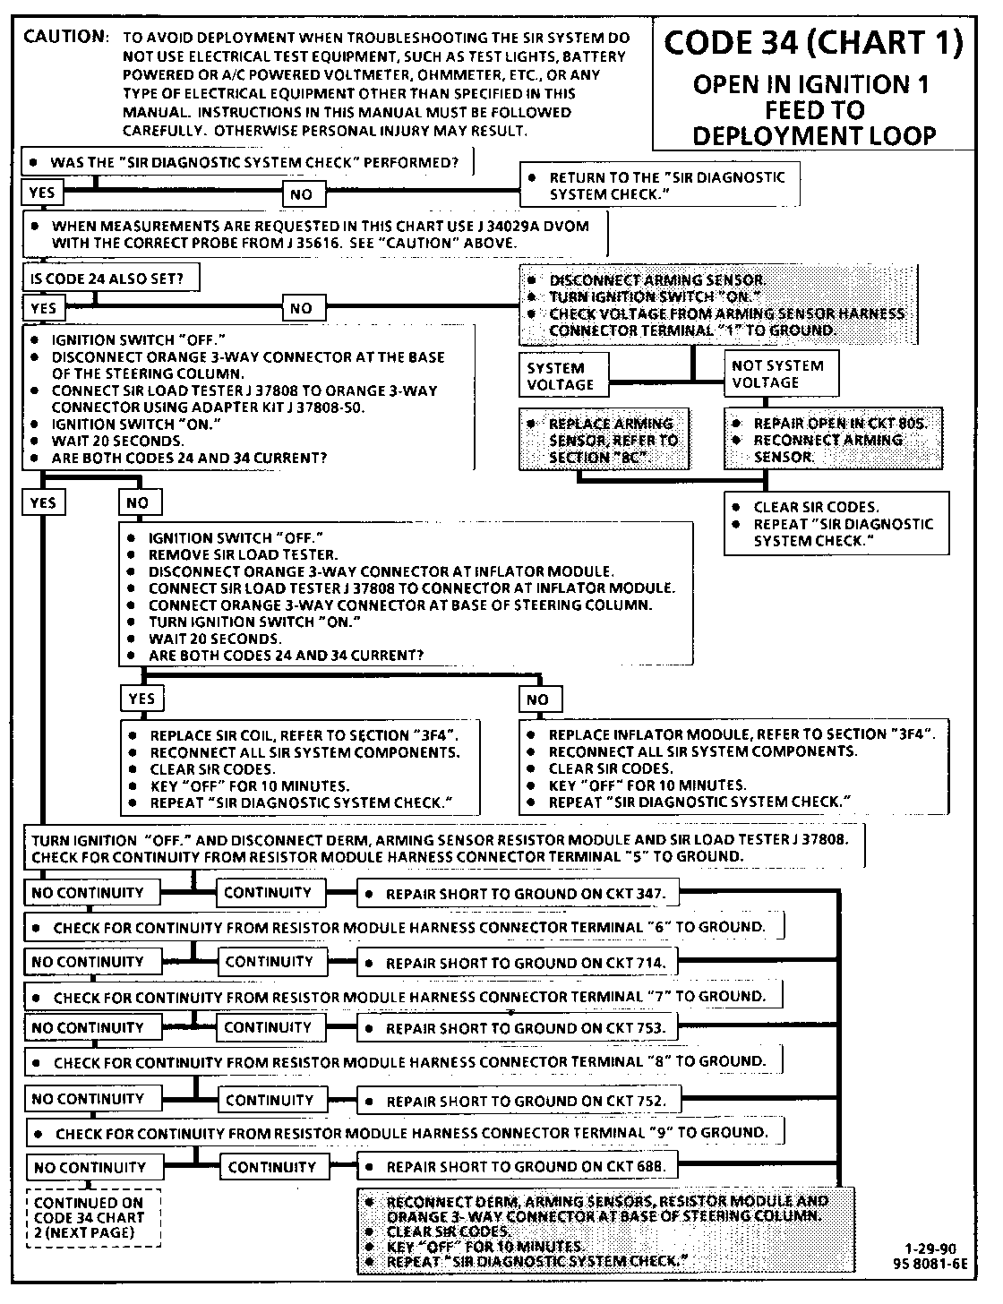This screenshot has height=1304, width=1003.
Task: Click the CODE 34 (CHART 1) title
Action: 814,44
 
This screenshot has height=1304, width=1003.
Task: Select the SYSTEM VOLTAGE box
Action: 563,376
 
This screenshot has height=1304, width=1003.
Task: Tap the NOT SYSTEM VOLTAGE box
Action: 781,374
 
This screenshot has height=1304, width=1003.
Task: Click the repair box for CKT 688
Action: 519,1167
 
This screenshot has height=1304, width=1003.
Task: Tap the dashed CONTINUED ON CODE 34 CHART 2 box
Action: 93,1217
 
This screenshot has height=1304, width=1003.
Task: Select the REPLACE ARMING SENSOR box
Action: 605,440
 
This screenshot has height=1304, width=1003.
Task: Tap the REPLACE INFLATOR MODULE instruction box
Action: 733,768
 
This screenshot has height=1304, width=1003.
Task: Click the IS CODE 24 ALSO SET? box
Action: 111,279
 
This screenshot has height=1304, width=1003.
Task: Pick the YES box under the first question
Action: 42,193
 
